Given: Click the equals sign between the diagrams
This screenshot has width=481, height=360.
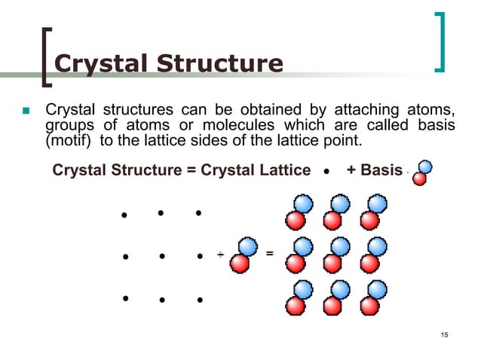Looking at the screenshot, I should pyautogui.click(x=269, y=252).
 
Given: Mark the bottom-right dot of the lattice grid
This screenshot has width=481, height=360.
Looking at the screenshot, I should pyautogui.click(x=200, y=301).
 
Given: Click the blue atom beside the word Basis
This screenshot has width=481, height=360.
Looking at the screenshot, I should pyautogui.click(x=427, y=167).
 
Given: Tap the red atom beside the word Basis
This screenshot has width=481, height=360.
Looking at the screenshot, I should pyautogui.click(x=419, y=178).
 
